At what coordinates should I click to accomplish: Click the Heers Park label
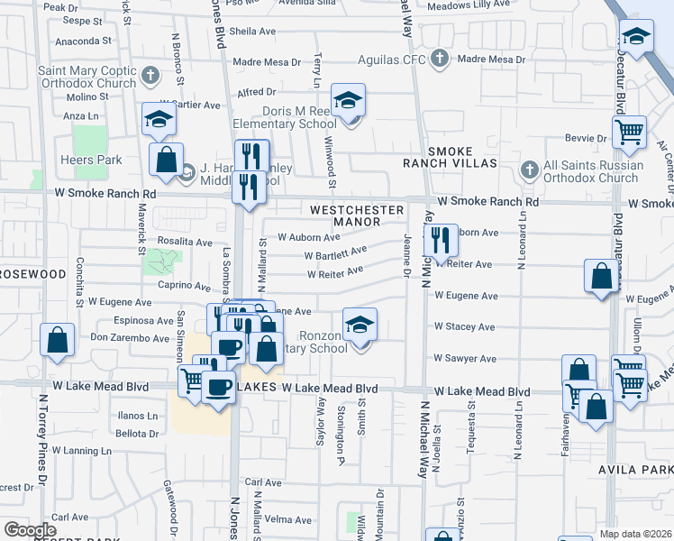(91, 160)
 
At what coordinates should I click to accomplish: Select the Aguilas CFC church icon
(439, 60)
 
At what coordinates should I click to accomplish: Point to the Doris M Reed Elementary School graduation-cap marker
(347, 101)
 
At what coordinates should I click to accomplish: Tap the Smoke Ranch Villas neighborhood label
(462, 157)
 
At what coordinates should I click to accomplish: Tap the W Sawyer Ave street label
(464, 359)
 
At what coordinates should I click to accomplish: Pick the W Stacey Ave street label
(465, 326)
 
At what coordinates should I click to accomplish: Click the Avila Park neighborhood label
(635, 471)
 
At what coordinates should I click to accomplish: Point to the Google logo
(30, 530)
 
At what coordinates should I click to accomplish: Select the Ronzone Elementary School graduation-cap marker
(360, 325)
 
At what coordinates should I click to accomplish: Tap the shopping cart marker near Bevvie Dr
(629, 133)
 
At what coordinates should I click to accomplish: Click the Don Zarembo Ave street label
(130, 339)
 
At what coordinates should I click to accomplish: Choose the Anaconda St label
(83, 41)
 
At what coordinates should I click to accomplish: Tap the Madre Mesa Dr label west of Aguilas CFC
(267, 62)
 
